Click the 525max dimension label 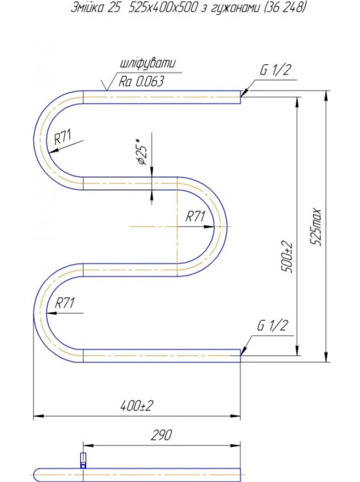(x=316, y=227)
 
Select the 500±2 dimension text (x=288, y=257)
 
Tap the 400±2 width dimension (x=136, y=406)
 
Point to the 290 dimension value (x=161, y=435)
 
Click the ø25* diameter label (x=142, y=152)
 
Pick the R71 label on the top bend (x=63, y=137)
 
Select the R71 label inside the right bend (x=195, y=216)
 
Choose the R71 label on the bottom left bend (x=65, y=303)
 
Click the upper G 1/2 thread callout (x=275, y=70)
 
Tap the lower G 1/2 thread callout (x=273, y=325)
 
